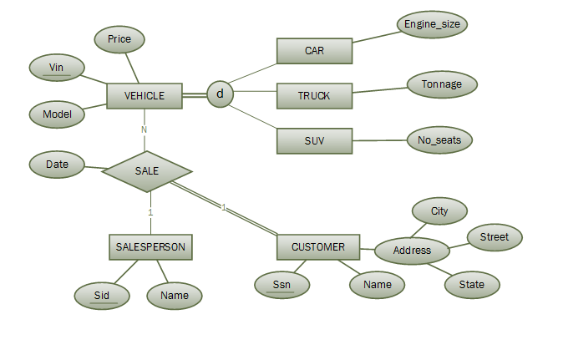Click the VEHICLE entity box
tap(145, 95)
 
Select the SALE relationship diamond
tap(147, 171)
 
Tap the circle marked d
tap(220, 94)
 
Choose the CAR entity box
tap(314, 50)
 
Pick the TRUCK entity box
tap(314, 95)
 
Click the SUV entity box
tap(314, 140)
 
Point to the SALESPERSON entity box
tap(151, 247)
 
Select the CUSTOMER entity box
tap(317, 247)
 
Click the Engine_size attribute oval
tap(431, 24)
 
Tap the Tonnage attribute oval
tap(441, 84)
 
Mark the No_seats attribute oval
tap(439, 139)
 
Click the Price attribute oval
tap(119, 39)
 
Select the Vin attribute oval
tap(57, 67)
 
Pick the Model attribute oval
tap(57, 114)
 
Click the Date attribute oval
tap(57, 165)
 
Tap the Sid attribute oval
tap(101, 294)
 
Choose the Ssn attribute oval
tap(281, 285)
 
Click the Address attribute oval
tap(411, 250)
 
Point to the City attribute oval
tap(439, 211)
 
